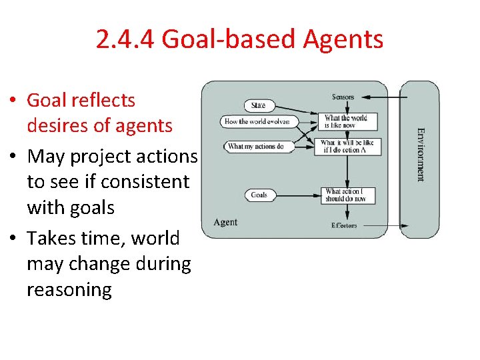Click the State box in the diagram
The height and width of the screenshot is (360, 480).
click(259, 105)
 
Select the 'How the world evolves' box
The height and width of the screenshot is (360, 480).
click(257, 121)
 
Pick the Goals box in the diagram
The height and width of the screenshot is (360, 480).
click(259, 195)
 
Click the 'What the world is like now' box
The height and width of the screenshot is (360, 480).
click(345, 121)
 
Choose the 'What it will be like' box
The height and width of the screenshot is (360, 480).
click(347, 147)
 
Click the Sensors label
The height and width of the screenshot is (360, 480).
click(343, 97)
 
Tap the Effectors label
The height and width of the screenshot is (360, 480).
click(344, 225)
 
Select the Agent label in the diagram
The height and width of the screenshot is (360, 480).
click(225, 222)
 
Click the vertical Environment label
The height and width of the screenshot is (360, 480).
click(420, 155)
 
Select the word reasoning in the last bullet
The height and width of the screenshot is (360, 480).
click(69, 289)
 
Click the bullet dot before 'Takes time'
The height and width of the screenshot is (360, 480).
click(14, 239)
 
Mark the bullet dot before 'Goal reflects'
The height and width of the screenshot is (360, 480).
click(14, 101)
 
